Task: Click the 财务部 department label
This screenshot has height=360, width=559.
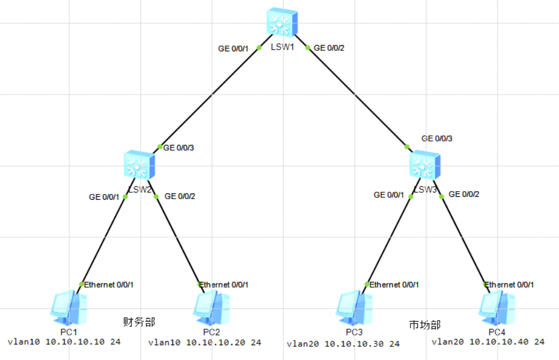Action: pyautogui.click(x=139, y=322)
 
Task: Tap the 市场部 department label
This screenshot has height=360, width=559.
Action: pyautogui.click(x=425, y=325)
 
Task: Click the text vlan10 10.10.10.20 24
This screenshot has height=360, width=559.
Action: pyautogui.click(x=204, y=343)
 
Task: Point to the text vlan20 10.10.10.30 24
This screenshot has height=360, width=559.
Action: pyautogui.click(x=343, y=344)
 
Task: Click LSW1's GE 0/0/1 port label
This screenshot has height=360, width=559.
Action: pyautogui.click(x=234, y=48)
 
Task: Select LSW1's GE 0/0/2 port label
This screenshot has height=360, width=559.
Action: pyautogui.click(x=329, y=48)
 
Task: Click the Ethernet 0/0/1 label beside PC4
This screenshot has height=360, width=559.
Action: pyautogui.click(x=509, y=285)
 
